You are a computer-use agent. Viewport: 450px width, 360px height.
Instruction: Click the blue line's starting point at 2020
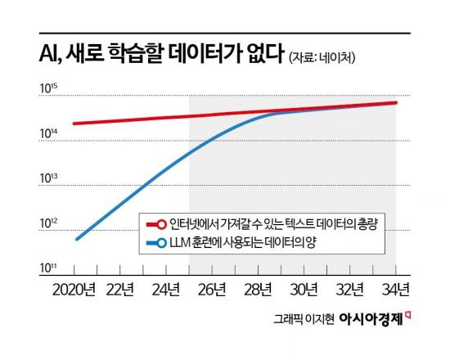pos(76,239)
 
